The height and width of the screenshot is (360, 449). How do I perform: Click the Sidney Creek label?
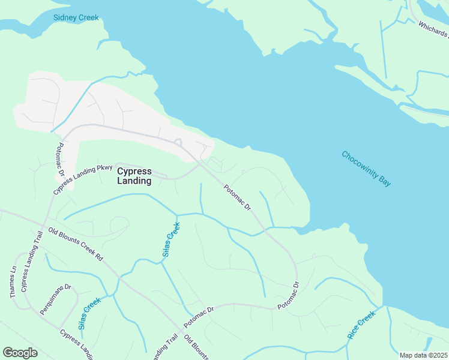click(76, 18)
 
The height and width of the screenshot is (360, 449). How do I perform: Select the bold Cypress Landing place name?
click(134, 175)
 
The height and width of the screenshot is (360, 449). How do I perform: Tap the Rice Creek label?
click(361, 325)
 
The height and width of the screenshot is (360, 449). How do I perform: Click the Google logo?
click(20, 352)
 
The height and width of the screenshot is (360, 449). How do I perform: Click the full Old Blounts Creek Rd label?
click(76, 243)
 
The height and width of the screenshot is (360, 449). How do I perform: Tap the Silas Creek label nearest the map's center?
click(171, 240)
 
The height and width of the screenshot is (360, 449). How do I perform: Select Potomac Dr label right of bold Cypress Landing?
click(237, 197)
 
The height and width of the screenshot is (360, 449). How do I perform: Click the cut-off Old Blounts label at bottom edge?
click(196, 347)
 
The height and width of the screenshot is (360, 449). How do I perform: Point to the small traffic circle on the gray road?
click(178, 142)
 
